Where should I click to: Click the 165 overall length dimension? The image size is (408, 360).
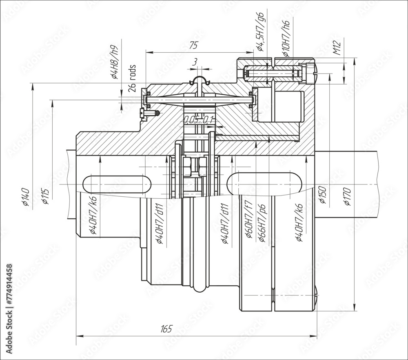tap(166, 329)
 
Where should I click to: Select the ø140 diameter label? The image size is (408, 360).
tap(25, 197)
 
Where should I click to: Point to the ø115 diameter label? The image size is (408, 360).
tap(46, 196)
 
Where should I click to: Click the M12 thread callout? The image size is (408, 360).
tap(337, 48)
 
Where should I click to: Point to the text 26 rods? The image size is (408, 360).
tap(132, 78)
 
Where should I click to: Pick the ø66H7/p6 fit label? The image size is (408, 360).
tap(262, 222)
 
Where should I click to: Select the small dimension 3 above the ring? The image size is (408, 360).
tap(195, 62)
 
